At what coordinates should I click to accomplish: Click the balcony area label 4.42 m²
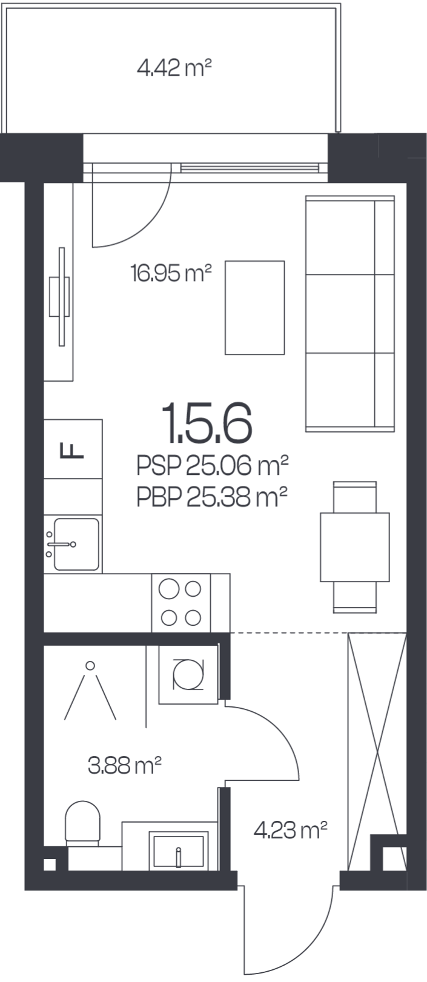(x=174, y=68)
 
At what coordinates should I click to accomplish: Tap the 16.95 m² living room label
(x=171, y=273)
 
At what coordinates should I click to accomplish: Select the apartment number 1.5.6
(x=207, y=423)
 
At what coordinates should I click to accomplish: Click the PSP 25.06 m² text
(x=212, y=466)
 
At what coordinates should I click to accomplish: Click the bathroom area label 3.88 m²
(x=125, y=766)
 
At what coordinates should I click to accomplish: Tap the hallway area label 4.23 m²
(x=291, y=830)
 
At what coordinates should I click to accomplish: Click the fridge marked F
(x=73, y=449)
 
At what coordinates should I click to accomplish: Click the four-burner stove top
(x=180, y=603)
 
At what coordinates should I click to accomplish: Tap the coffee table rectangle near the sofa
(x=255, y=307)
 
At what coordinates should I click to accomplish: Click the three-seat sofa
(x=350, y=313)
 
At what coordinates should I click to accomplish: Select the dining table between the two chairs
(x=355, y=547)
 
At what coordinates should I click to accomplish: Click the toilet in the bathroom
(x=83, y=824)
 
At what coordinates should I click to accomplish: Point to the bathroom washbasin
(x=178, y=851)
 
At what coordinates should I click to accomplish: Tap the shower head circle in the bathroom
(x=90, y=666)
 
